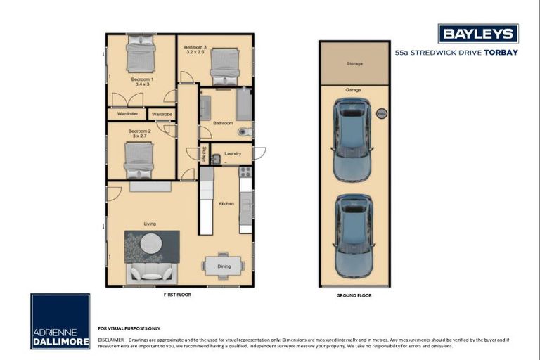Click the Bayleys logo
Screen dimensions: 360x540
478,34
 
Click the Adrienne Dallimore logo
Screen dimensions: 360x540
60,321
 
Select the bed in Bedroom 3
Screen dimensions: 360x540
225,67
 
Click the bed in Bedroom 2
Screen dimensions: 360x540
139,160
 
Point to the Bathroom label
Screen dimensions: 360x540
223,123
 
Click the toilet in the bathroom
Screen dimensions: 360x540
243,131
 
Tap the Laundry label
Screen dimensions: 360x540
232,155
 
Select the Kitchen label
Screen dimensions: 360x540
226,203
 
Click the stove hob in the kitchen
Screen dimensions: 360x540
245,171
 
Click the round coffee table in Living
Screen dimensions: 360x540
150,243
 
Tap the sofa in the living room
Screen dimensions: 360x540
153,272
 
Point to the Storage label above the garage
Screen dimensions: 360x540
354,64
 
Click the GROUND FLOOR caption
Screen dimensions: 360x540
354,295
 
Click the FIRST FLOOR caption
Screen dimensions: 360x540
176,295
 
